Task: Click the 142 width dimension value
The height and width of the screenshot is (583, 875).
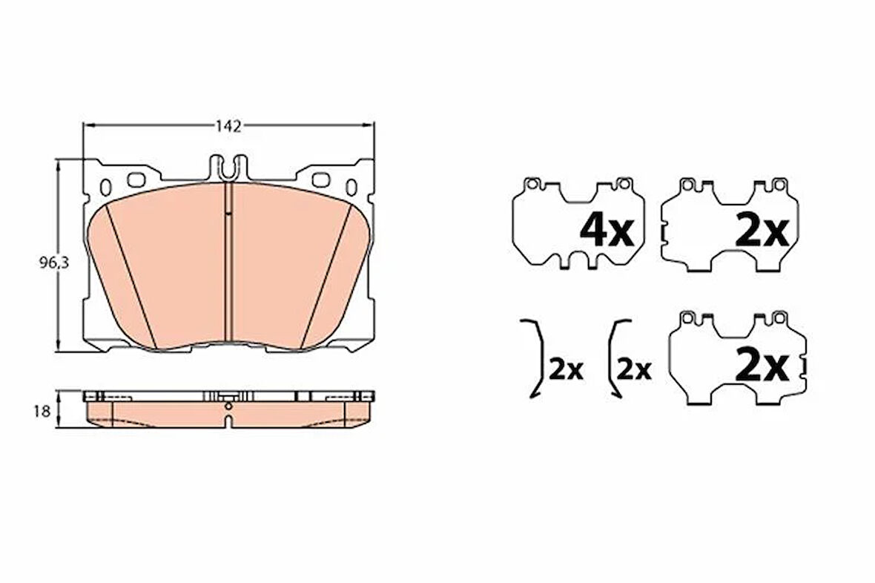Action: pyautogui.click(x=229, y=126)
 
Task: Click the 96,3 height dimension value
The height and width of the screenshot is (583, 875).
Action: pyautogui.click(x=54, y=263)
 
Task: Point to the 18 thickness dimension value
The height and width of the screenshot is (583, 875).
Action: pyautogui.click(x=42, y=412)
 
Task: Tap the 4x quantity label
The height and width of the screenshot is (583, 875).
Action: pyautogui.click(x=607, y=231)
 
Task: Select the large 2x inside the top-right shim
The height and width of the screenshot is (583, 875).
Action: pyautogui.click(x=762, y=231)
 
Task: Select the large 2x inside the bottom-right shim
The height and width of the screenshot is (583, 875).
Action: pyautogui.click(x=762, y=366)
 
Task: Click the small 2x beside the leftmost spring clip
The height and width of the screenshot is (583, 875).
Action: pyautogui.click(x=565, y=369)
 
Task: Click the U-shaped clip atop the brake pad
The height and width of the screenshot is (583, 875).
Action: pyautogui.click(x=228, y=168)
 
